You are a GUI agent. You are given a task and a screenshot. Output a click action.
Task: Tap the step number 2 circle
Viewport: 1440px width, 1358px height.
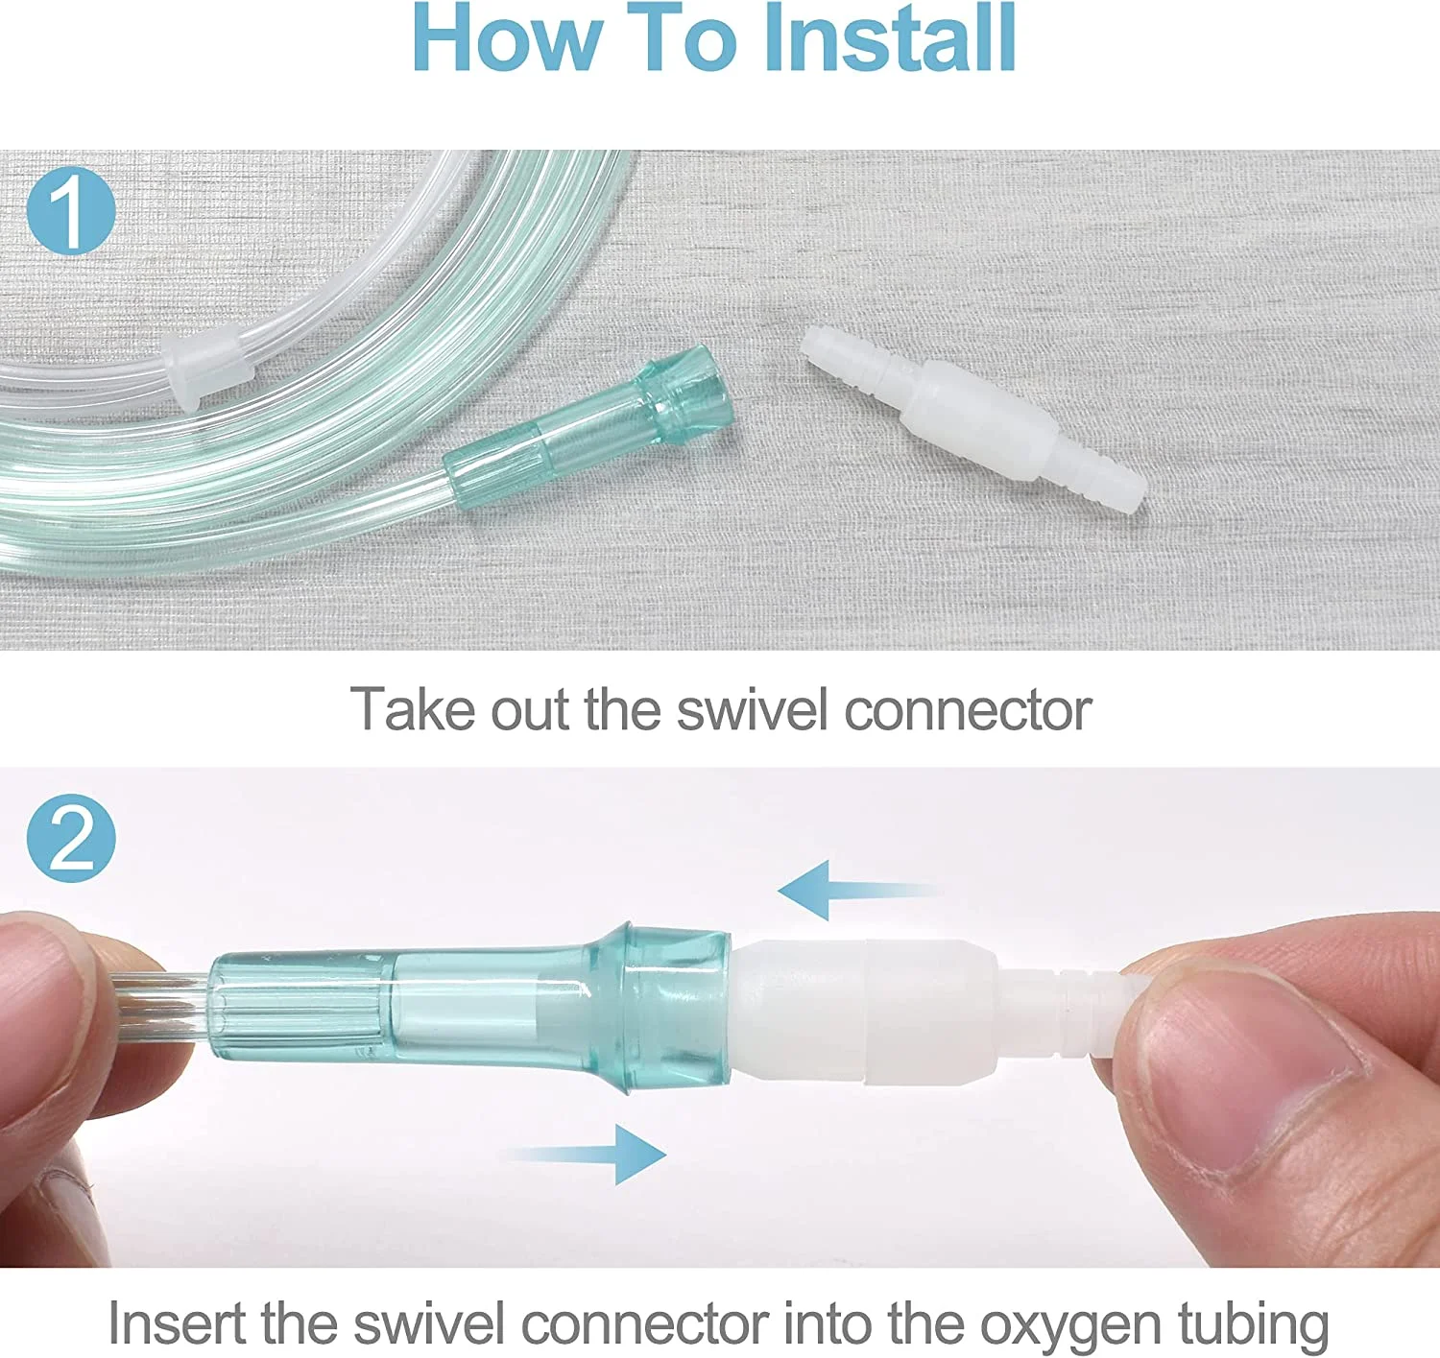click(x=71, y=838)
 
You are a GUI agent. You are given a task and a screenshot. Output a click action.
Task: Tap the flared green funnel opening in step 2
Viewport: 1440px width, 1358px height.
click(x=672, y=1008)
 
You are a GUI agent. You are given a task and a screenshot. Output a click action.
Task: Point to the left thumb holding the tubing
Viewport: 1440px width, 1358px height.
click(x=58, y=1017)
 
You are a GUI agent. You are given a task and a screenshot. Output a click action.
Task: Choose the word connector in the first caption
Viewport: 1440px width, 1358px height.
click(x=967, y=710)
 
